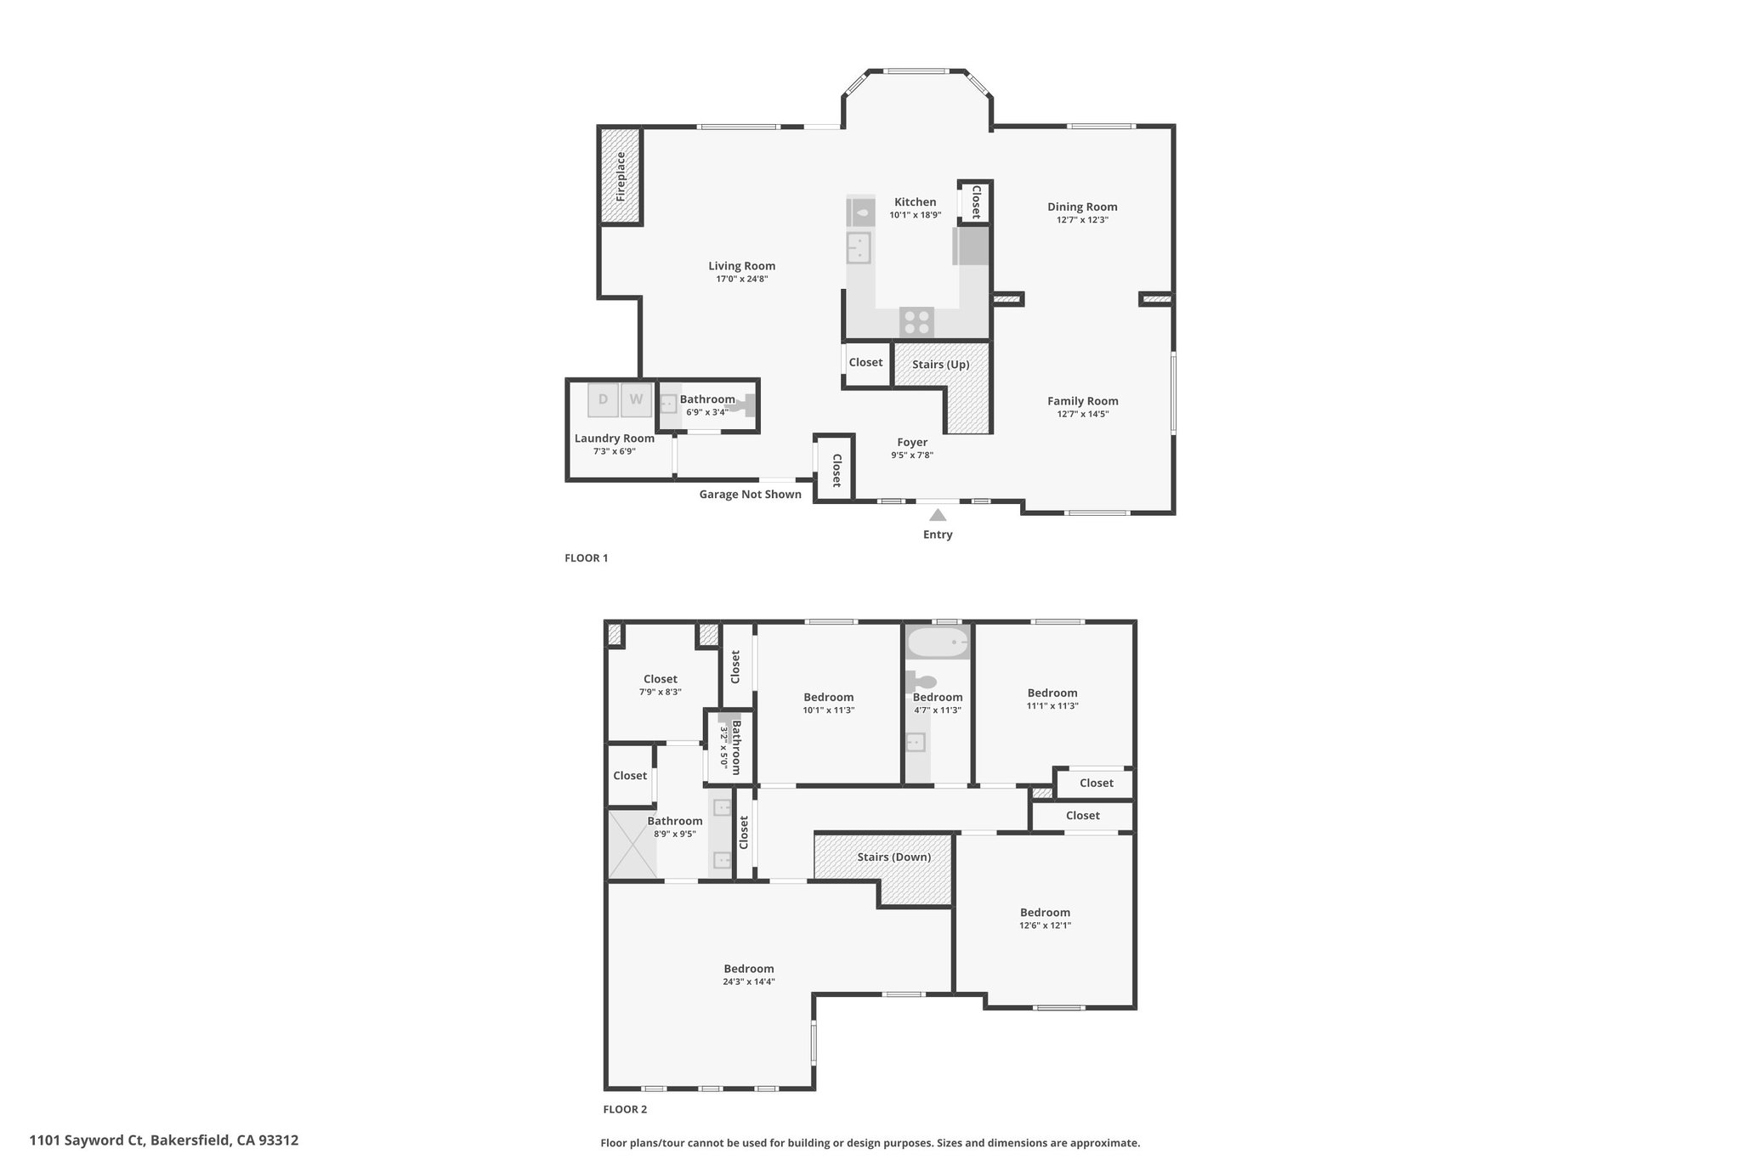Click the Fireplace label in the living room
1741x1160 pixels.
(x=621, y=176)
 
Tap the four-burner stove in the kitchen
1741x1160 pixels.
(x=917, y=322)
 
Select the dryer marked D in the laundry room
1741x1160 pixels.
(x=603, y=399)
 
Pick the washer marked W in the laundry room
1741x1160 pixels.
(x=636, y=399)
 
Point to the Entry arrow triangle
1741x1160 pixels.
(x=938, y=514)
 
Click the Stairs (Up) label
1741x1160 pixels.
(x=941, y=365)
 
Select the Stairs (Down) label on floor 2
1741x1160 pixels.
(x=894, y=857)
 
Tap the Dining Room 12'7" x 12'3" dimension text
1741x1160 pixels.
(x=1082, y=219)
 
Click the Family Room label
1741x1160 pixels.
(x=1083, y=401)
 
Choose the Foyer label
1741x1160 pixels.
(x=912, y=442)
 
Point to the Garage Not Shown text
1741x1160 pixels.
(x=751, y=494)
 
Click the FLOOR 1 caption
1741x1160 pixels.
(x=587, y=558)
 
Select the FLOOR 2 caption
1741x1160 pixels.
(x=625, y=1109)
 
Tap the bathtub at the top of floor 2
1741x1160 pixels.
(x=938, y=642)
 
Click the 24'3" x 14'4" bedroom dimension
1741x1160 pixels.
(x=749, y=982)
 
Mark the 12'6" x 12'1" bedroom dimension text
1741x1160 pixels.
(x=1046, y=925)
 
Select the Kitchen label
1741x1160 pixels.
(x=916, y=202)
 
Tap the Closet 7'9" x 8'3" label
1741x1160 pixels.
(x=661, y=685)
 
